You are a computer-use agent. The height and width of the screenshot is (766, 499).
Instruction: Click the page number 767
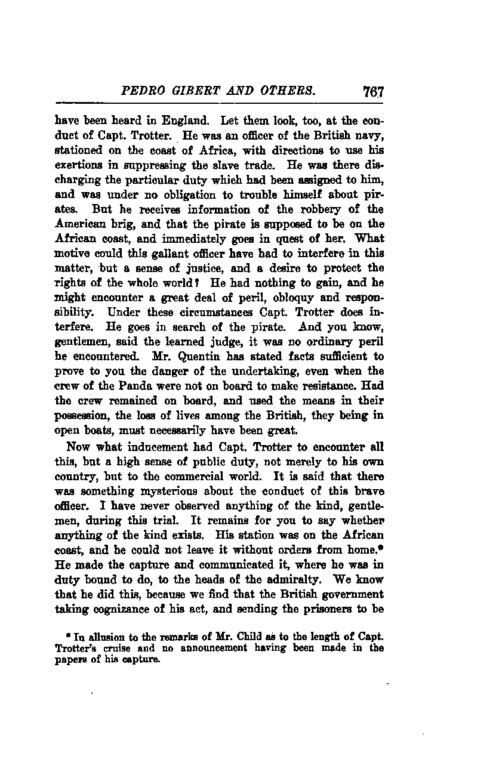[372, 92]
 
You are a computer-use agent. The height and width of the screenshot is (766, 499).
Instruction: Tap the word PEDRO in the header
[141, 92]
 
